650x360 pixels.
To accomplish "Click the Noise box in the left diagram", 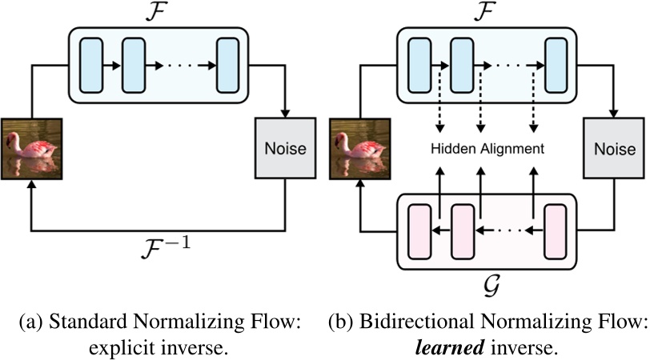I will coord(285,147).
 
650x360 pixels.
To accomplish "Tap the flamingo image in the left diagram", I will coord(30,148).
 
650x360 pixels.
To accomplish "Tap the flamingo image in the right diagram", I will coord(359,148).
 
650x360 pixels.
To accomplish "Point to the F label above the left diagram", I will coord(158,12).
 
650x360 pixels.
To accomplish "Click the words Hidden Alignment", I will coord(486,149).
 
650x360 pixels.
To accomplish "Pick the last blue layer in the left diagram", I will coord(228,65).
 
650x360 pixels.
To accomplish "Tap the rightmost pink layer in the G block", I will coord(556,231).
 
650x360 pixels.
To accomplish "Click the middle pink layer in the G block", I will coord(462,231).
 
